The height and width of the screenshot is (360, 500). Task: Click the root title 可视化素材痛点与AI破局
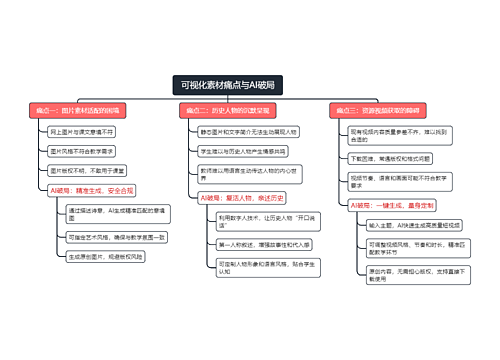pos(229,84)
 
